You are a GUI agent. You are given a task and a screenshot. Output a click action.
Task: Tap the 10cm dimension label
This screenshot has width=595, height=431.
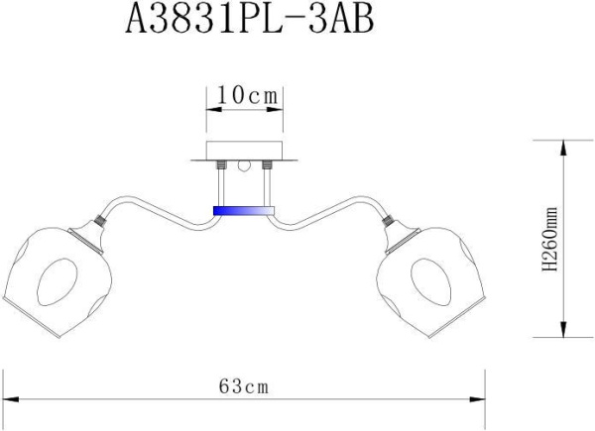[245, 95]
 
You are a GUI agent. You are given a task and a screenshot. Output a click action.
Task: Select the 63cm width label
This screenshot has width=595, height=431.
[243, 385]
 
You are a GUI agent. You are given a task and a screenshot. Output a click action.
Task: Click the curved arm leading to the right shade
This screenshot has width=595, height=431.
[337, 211]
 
